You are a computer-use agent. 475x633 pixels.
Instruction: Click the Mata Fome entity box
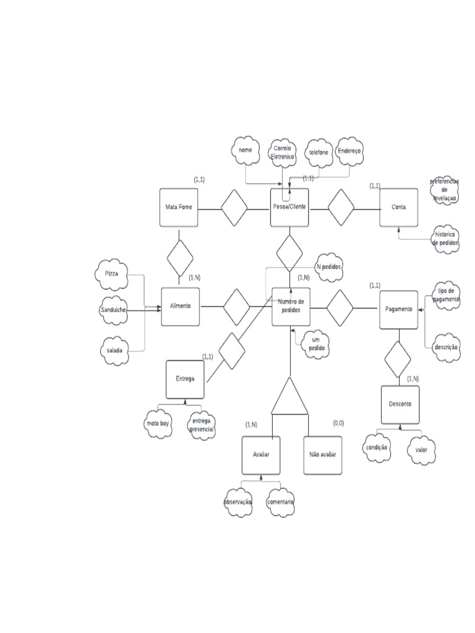[x=179, y=207]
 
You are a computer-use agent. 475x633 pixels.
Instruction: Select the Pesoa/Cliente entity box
[x=290, y=207]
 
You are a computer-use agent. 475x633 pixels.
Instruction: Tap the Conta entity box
[x=399, y=207]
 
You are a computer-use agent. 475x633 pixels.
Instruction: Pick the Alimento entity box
[x=180, y=307]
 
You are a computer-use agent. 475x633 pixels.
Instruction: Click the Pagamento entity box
[x=398, y=309]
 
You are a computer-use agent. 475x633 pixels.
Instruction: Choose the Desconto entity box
[x=400, y=404]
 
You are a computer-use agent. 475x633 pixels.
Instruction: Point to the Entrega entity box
[x=185, y=379]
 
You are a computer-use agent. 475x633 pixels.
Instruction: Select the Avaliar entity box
[x=260, y=455]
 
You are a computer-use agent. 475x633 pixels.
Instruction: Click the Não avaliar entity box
[x=322, y=455]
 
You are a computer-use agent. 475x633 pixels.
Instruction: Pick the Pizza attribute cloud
[x=112, y=274]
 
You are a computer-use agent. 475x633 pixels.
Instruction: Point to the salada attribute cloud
[x=112, y=350]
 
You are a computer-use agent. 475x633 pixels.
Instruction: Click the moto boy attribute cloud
[x=158, y=425]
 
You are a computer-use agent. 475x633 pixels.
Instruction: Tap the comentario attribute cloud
[x=281, y=502]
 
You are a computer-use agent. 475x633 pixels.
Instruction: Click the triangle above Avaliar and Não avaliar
[x=289, y=397]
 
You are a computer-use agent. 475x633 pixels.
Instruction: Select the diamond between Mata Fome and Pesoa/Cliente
[x=234, y=208]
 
